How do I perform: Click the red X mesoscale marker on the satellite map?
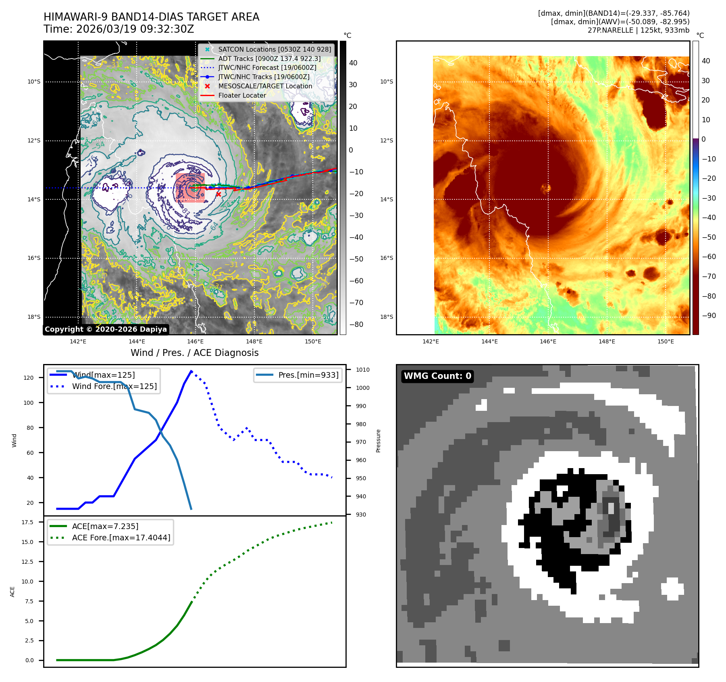pyautogui.click(x=218, y=194)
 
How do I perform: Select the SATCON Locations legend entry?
pyautogui.click(x=274, y=49)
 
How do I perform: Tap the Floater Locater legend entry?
pyautogui.click(x=242, y=95)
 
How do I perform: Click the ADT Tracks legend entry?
pyautogui.click(x=269, y=59)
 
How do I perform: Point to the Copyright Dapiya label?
pyautogui.click(x=106, y=329)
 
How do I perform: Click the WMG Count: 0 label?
pyautogui.click(x=437, y=376)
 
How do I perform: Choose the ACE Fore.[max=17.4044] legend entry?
pyautogui.click(x=121, y=538)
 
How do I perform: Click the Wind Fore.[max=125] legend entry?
pyautogui.click(x=114, y=386)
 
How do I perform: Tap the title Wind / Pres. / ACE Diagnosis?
pyautogui.click(x=194, y=353)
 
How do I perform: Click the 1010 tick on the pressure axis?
pyautogui.click(x=362, y=370)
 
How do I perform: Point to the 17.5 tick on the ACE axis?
pyautogui.click(x=27, y=522)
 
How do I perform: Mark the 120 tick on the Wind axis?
pyautogui.click(x=29, y=378)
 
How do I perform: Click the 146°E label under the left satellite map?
pyautogui.click(x=196, y=341)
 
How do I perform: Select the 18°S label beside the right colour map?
pyautogui.click(x=386, y=317)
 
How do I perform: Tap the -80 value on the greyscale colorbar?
pyautogui.click(x=356, y=324)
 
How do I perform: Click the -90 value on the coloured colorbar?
pyautogui.click(x=709, y=316)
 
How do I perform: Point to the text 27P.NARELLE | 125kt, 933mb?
pyautogui.click(x=638, y=30)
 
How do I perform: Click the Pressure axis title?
pyautogui.click(x=378, y=441)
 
